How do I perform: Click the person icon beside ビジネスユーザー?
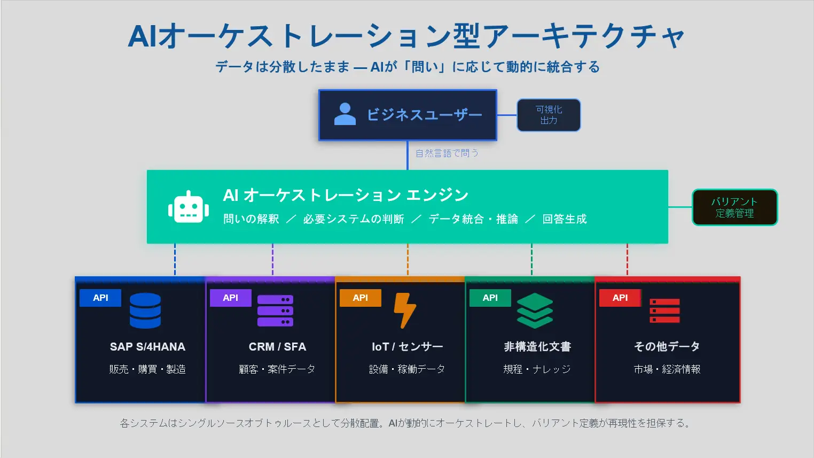pyautogui.click(x=345, y=114)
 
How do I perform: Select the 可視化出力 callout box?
pyautogui.click(x=549, y=115)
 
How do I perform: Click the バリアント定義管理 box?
pyautogui.click(x=734, y=207)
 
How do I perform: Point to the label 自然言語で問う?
pyautogui.click(x=447, y=153)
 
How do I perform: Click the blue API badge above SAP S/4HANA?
pyautogui.click(x=100, y=298)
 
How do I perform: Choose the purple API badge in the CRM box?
pyautogui.click(x=230, y=298)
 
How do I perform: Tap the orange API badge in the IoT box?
pyautogui.click(x=361, y=298)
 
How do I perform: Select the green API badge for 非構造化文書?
pyautogui.click(x=490, y=298)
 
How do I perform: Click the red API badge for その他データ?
pyautogui.click(x=620, y=298)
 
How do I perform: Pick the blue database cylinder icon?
pyautogui.click(x=145, y=310)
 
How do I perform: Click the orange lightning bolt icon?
pyautogui.click(x=404, y=310)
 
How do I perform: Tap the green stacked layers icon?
pyautogui.click(x=535, y=310)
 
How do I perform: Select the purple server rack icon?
pyautogui.click(x=275, y=310)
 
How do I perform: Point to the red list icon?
pyautogui.click(x=664, y=310)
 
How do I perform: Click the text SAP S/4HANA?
pyautogui.click(x=147, y=347)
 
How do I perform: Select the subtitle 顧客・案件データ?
pyautogui.click(x=277, y=369)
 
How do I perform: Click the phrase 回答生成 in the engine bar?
pyautogui.click(x=564, y=219)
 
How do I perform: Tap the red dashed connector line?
pyautogui.click(x=627, y=260)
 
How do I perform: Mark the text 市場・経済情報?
pyautogui.click(x=667, y=369)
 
